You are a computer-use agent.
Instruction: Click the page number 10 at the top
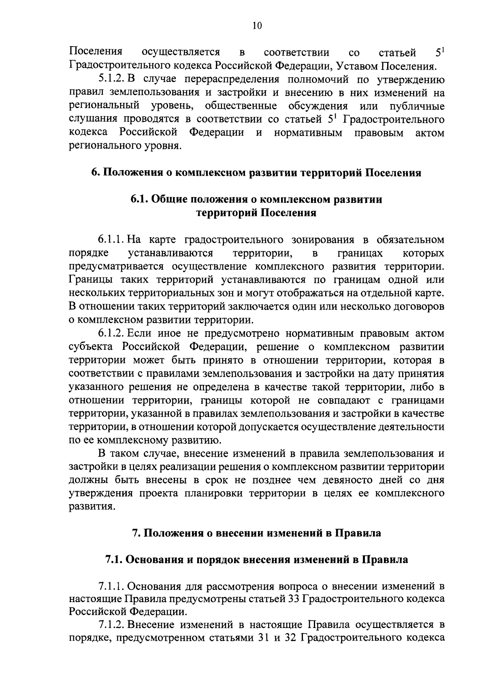(x=257, y=26)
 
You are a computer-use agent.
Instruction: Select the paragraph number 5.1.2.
(x=112, y=79)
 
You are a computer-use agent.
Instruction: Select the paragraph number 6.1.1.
(x=112, y=240)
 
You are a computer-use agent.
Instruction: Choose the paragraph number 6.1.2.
(x=112, y=334)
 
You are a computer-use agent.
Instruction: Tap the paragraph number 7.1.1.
(x=112, y=586)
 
